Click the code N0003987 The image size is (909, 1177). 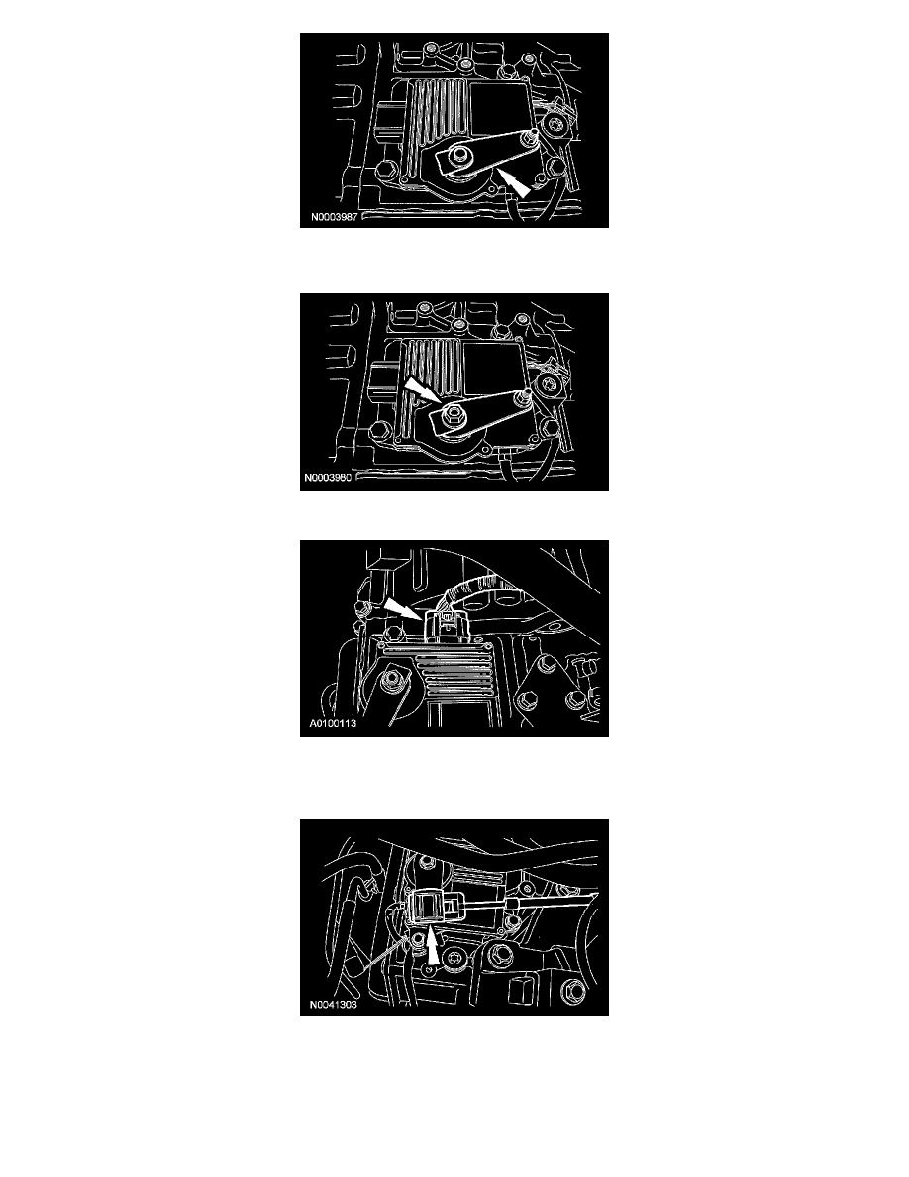point(334,217)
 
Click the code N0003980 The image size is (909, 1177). point(328,478)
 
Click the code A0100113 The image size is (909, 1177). point(333,724)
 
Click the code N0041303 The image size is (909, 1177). point(333,1005)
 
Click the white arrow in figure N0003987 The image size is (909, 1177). point(515,183)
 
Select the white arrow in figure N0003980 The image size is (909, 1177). point(422,391)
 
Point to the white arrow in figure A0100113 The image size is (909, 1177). point(403,608)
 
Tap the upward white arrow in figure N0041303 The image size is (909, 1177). point(433,946)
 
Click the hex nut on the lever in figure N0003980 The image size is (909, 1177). point(453,414)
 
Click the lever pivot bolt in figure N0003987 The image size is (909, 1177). point(457,157)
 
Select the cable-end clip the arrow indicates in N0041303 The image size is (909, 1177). point(430,905)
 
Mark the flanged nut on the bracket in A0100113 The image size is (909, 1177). point(390,682)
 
